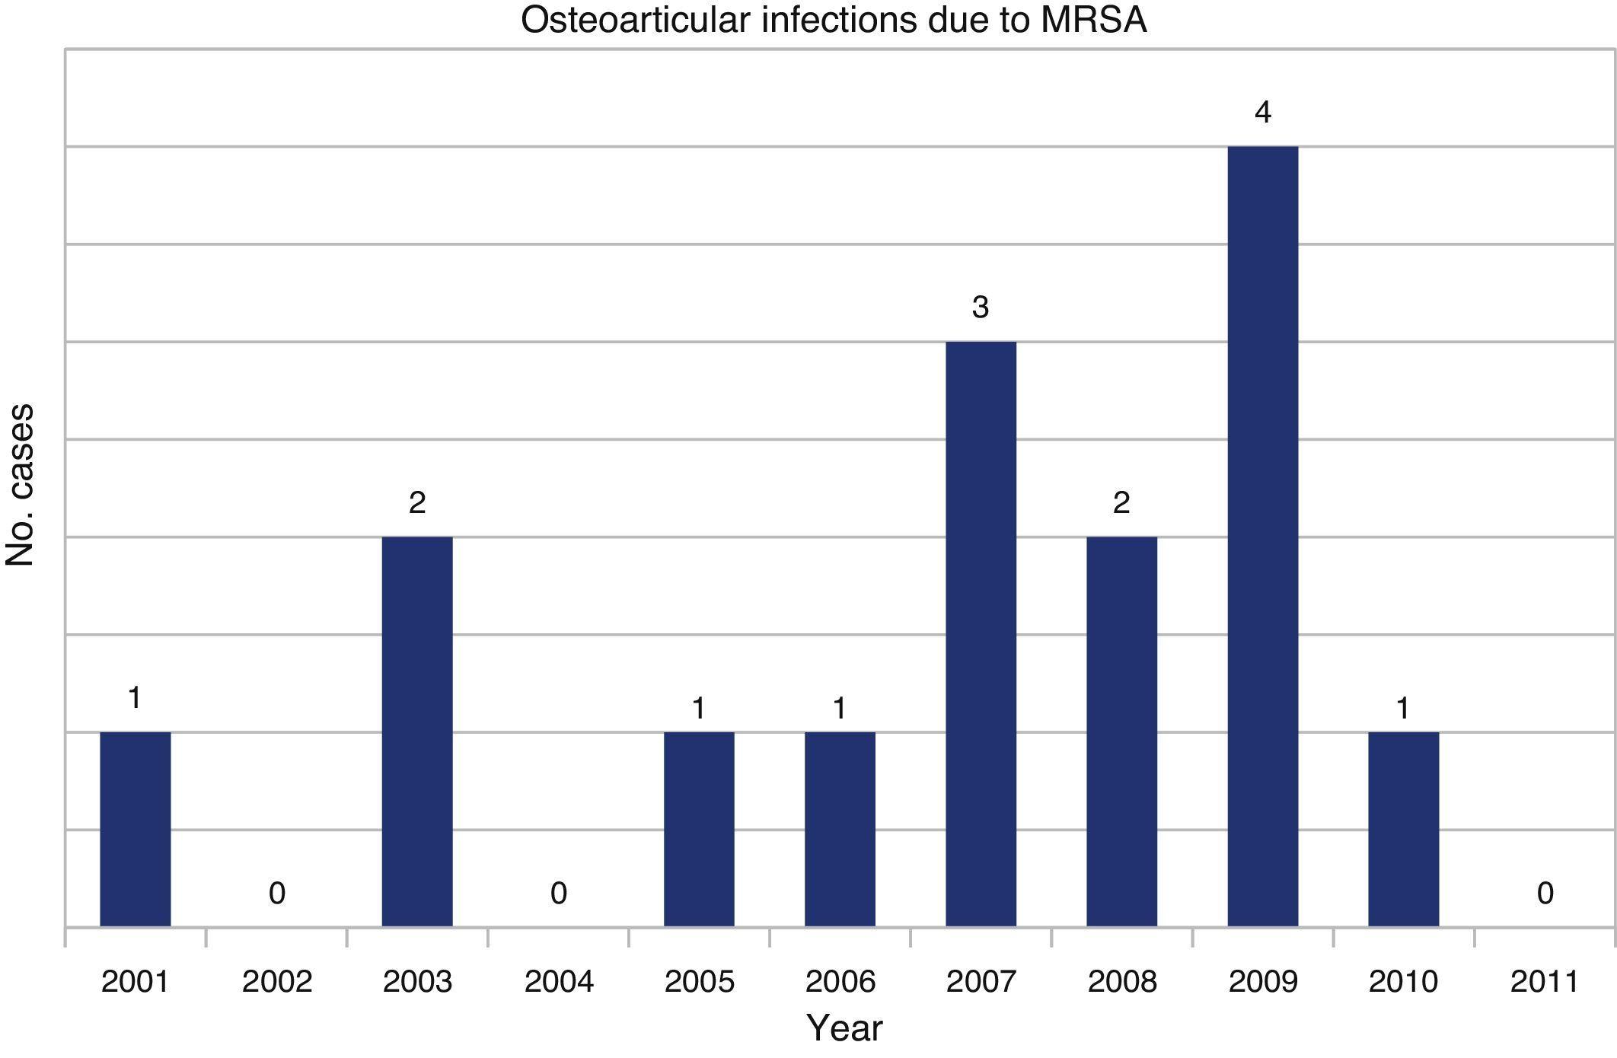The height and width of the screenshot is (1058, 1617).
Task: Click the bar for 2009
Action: [x=1262, y=536]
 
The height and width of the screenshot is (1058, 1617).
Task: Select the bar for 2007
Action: [x=981, y=633]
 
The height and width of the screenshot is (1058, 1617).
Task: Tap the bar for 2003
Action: [x=417, y=731]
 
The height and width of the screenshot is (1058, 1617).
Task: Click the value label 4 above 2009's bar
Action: [x=1262, y=113]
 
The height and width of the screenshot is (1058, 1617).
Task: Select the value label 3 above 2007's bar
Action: [x=981, y=308]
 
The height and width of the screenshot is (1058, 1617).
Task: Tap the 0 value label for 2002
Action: [x=277, y=893]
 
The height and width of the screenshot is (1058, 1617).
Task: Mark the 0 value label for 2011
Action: [x=1545, y=893]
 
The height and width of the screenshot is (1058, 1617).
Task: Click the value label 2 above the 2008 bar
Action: [x=1121, y=502]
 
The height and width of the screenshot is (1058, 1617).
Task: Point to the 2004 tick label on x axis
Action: [x=559, y=982]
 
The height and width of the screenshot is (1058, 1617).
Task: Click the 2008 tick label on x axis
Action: [x=1122, y=982]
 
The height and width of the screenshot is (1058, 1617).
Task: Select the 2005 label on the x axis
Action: [x=699, y=982]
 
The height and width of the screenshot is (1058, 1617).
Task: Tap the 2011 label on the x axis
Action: [x=1545, y=982]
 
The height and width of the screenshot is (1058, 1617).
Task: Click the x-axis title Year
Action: [x=844, y=1028]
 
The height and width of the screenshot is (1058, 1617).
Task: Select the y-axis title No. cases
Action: [x=21, y=485]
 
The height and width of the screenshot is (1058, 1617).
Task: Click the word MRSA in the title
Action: [x=1093, y=21]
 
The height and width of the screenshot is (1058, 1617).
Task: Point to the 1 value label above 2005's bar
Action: [x=699, y=709]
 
